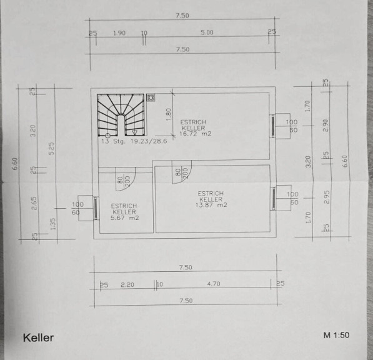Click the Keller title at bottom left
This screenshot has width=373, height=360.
tap(38, 338)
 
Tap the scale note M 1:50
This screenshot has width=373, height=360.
tap(336, 335)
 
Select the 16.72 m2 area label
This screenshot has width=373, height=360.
tap(195, 134)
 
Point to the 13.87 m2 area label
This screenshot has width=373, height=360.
tap(211, 205)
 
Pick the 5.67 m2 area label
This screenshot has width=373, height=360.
tap(125, 217)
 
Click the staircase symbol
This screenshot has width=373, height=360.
tap(121, 115)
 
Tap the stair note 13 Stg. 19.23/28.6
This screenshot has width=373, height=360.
tap(134, 141)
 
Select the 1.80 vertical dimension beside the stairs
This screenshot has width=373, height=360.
tap(169, 114)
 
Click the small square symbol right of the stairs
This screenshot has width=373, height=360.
tap(151, 97)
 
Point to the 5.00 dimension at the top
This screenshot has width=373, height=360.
tap(207, 32)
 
